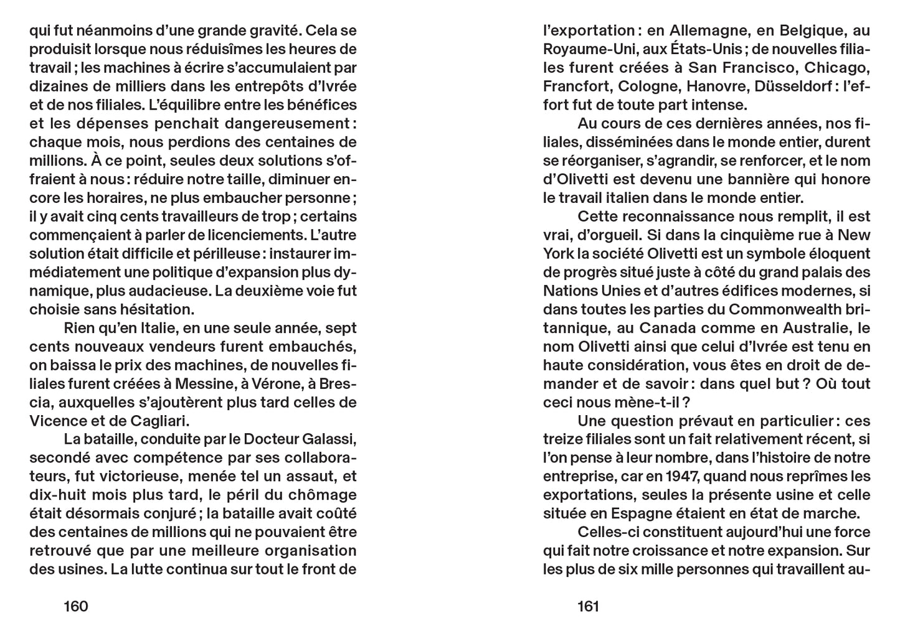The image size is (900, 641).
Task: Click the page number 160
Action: [76, 606]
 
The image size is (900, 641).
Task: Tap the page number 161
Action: [588, 606]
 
